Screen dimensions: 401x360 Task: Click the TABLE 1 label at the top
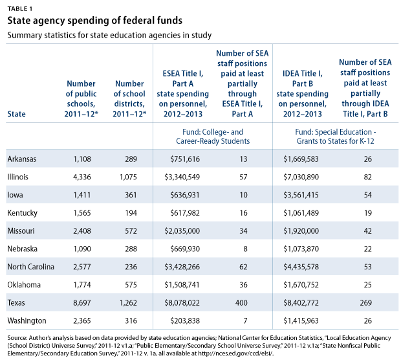pyautogui.click(x=20, y=9)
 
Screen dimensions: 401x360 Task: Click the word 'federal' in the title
pyautogui.click(x=138, y=21)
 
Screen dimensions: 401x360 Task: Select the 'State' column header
pyautogui.click(x=16, y=114)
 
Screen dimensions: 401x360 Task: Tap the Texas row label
pyautogui.click(x=16, y=302)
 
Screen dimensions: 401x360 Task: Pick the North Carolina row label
pyautogui.click(x=30, y=267)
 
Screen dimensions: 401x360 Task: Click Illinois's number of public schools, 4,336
pyautogui.click(x=82, y=177)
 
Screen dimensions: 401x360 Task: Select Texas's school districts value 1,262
pyautogui.click(x=128, y=302)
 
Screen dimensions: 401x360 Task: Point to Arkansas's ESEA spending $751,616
pyautogui.click(x=185, y=159)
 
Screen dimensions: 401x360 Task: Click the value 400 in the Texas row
pyautogui.click(x=241, y=302)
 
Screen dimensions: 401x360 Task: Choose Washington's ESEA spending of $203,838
pyautogui.click(x=185, y=321)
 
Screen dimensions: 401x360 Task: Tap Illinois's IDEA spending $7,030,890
pyautogui.click(x=301, y=177)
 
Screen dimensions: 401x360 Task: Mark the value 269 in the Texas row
pyautogui.click(x=365, y=302)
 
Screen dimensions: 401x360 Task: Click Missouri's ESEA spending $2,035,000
pyautogui.click(x=182, y=231)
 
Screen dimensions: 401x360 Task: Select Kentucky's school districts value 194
pyautogui.click(x=131, y=213)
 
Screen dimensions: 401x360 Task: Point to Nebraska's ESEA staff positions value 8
pyautogui.click(x=245, y=249)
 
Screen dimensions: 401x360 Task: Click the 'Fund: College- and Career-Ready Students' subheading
pyautogui.click(x=213, y=137)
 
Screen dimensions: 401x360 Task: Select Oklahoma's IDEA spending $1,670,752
pyautogui.click(x=301, y=285)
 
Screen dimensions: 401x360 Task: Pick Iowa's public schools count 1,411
pyautogui.click(x=82, y=195)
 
